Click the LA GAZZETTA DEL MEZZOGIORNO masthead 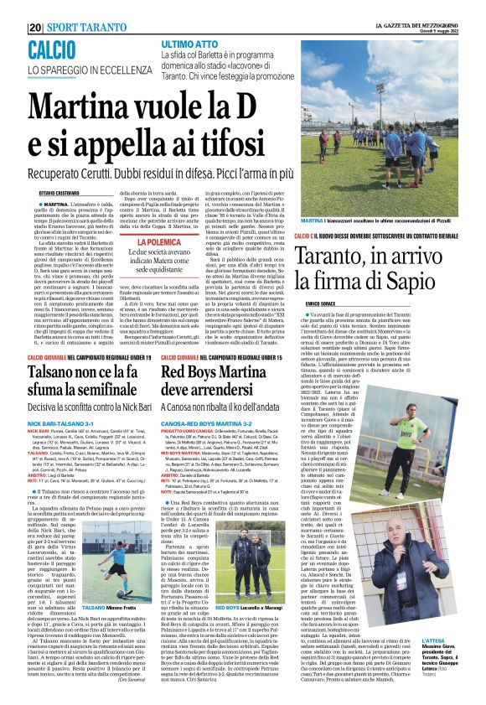[x=417, y=25]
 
